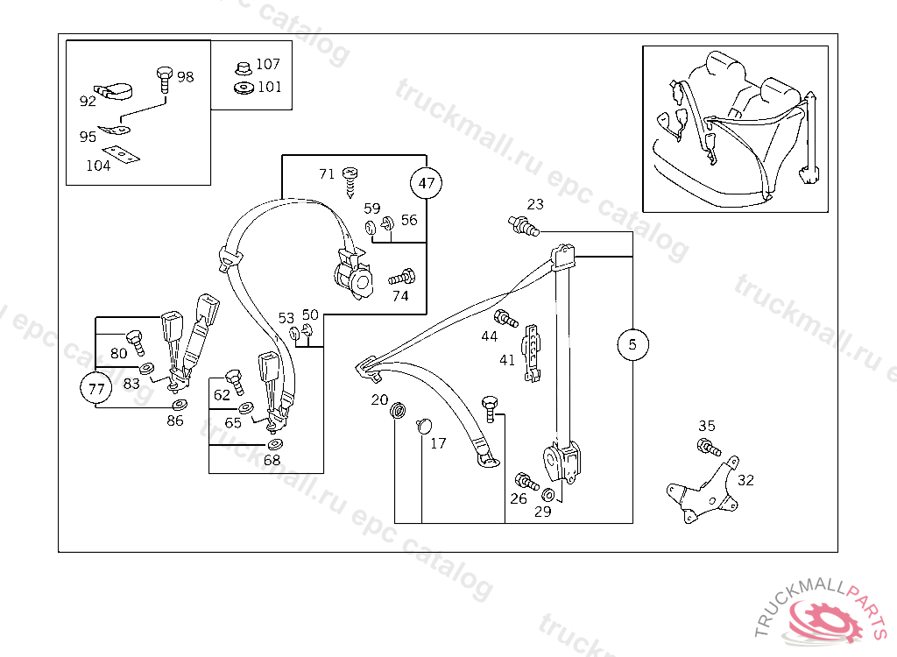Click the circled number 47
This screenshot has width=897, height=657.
click(427, 184)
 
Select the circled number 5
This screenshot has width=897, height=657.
click(632, 344)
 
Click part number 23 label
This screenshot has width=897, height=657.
click(535, 204)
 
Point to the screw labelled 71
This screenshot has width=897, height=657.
click(351, 178)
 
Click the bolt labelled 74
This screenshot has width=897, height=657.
click(402, 278)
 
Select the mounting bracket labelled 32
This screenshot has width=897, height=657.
click(702, 491)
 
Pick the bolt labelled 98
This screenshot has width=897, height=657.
click(164, 78)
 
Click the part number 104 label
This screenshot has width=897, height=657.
click(98, 166)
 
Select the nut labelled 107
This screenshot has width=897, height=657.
click(243, 67)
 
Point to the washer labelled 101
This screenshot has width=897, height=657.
click(243, 87)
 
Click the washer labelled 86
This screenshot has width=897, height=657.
click(179, 405)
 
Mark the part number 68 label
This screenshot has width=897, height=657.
click(272, 460)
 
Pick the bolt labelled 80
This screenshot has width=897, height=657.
click(134, 338)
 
